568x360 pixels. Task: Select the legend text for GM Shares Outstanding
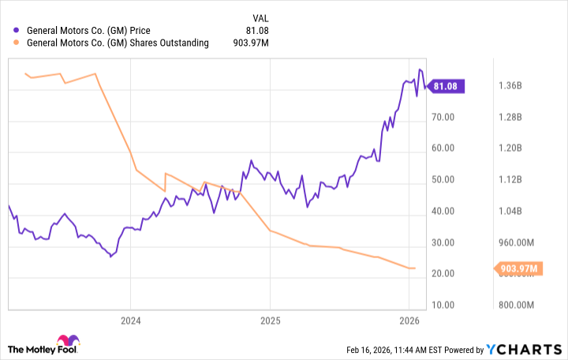118,43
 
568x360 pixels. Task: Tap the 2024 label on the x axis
130,321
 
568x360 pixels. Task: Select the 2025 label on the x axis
270,321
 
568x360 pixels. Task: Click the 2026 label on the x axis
409,321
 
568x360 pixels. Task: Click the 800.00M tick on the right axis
515,305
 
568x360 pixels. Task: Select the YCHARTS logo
523,349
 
